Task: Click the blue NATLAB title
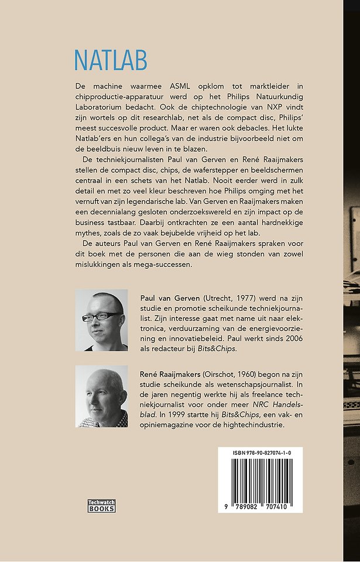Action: (111, 60)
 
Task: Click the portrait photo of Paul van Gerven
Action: (102, 320)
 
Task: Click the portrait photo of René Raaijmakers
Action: (102, 396)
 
